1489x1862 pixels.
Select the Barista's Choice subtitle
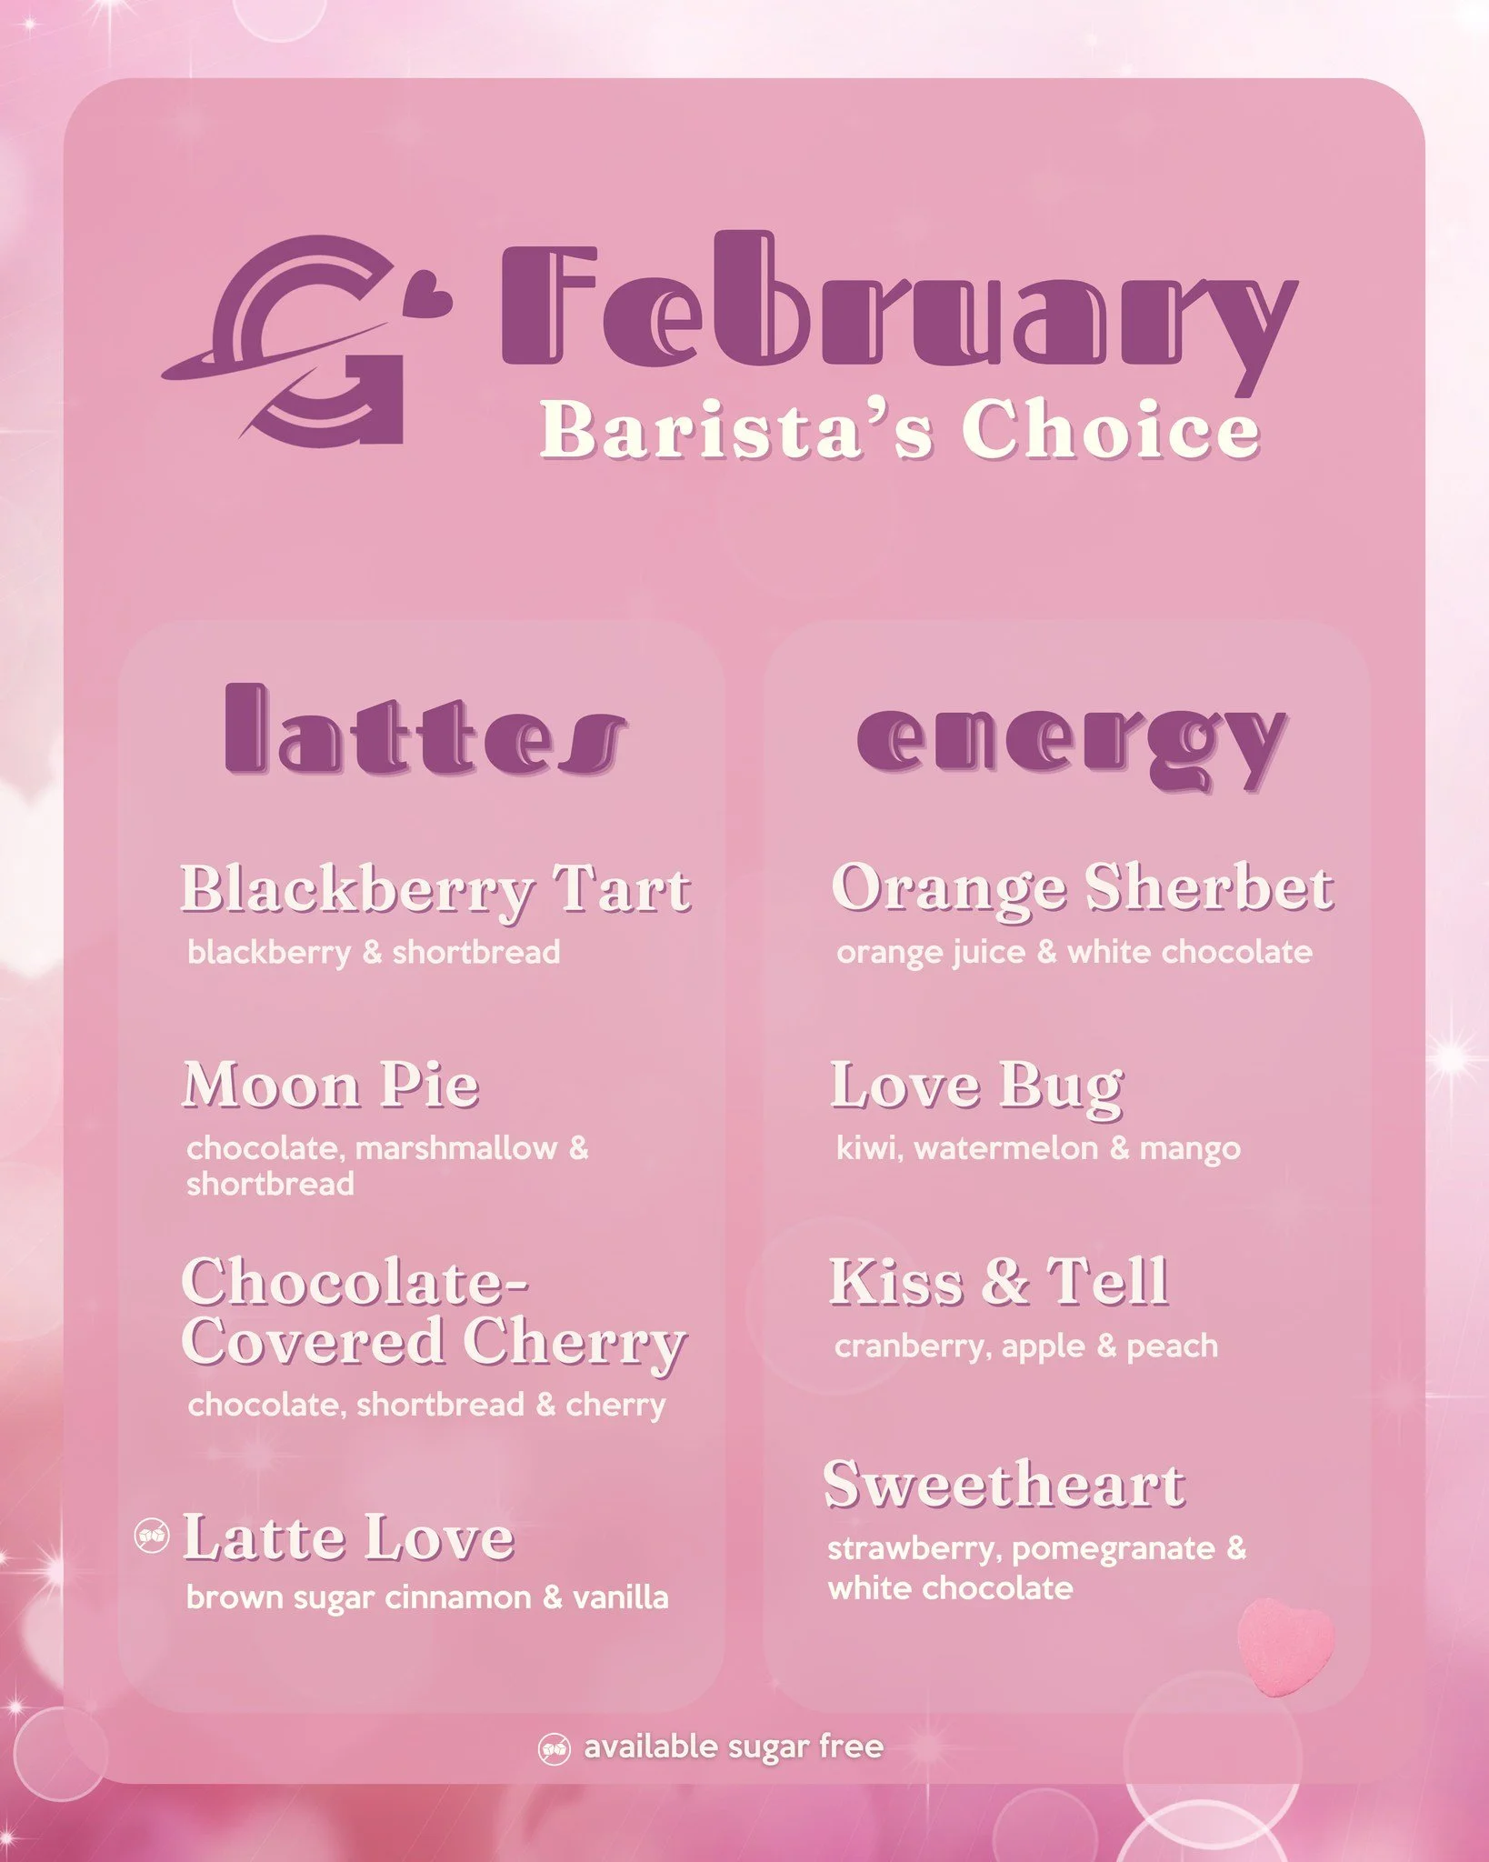pos(900,429)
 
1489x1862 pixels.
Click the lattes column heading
pos(425,732)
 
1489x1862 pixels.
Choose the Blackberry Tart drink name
pos(435,888)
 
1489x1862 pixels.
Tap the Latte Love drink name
pos(348,1538)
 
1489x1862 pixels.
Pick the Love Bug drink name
pos(977,1086)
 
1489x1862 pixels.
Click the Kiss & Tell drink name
pos(998,1282)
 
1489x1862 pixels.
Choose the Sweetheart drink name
pos(1004,1485)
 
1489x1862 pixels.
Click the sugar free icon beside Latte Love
pos(152,1537)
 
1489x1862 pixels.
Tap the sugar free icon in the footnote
pos(555,1749)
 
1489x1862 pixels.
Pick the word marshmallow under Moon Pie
pos(456,1148)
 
